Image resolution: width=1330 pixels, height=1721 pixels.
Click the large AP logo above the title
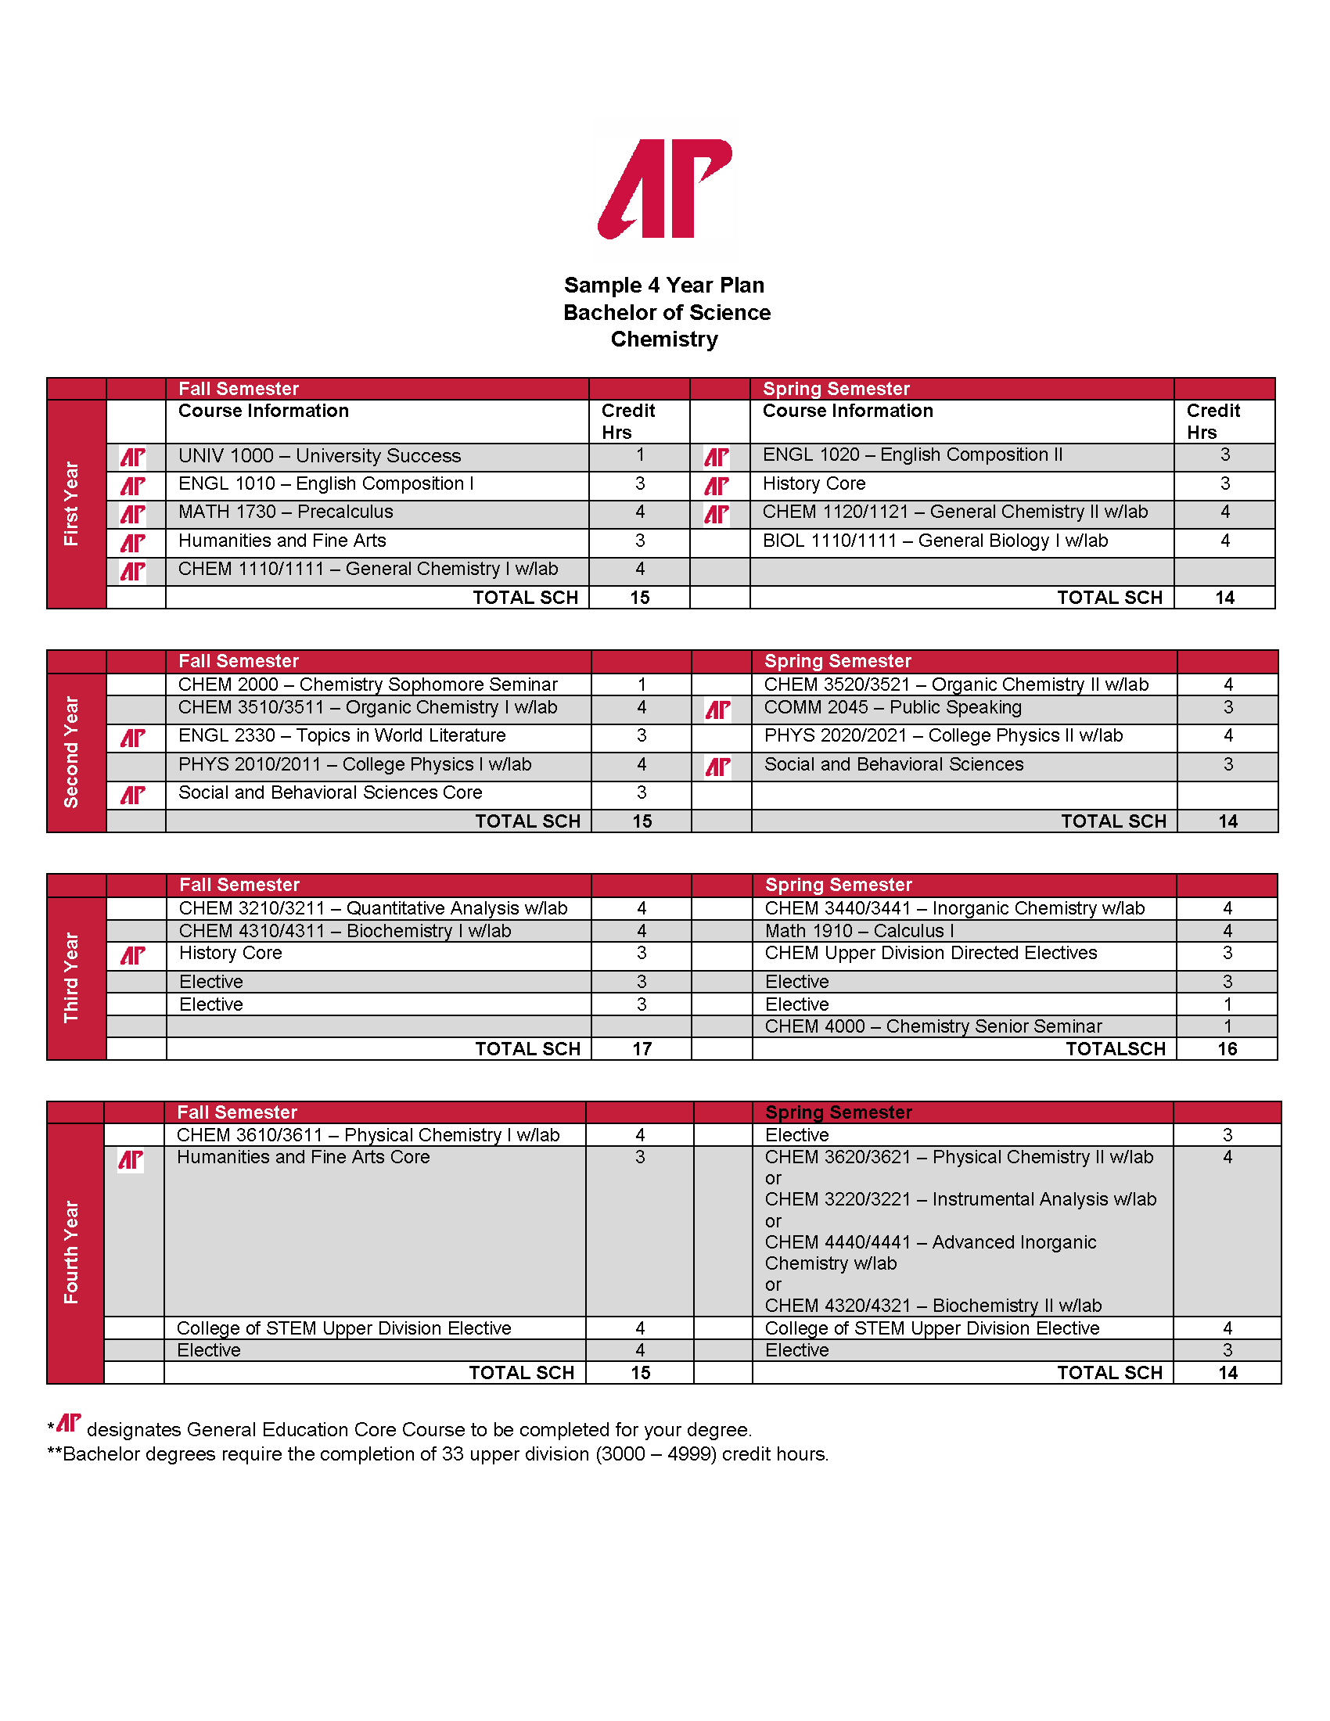click(665, 189)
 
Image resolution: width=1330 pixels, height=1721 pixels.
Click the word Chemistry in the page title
click(664, 340)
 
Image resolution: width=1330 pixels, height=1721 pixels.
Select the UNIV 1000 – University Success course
click(319, 456)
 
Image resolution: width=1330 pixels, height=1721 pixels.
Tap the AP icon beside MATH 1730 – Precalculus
click(132, 514)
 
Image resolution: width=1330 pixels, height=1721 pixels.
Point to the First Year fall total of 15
click(640, 598)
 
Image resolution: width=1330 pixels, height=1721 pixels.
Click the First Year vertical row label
click(72, 504)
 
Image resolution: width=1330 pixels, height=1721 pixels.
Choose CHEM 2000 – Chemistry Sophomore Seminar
click(367, 684)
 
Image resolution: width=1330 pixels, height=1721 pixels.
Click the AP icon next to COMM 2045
click(717, 710)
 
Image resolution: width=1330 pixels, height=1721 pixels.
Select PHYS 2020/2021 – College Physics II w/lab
click(944, 736)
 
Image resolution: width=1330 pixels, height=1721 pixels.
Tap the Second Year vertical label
click(72, 752)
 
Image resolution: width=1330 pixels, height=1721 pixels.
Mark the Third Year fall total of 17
click(642, 1050)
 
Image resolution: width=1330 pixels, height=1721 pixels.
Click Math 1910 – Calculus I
click(859, 932)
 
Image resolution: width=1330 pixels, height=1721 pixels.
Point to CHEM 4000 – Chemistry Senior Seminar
click(933, 1027)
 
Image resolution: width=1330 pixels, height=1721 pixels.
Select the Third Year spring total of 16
click(1228, 1050)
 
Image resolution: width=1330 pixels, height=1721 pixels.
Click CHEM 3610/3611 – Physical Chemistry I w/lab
click(368, 1136)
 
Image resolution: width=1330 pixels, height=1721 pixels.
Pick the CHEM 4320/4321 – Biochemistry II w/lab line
click(933, 1306)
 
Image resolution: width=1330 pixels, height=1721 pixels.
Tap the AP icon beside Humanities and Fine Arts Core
click(131, 1160)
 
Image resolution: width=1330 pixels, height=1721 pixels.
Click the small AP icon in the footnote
click(70, 1422)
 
